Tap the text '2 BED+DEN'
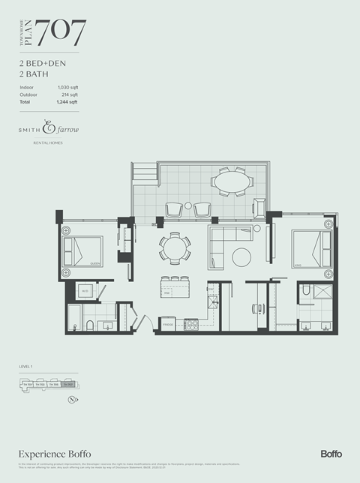[41, 64]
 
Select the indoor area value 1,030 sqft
[67, 88]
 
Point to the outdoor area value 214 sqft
[69, 94]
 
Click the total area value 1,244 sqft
[67, 102]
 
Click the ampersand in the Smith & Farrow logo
[49, 127]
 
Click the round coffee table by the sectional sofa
[242, 257]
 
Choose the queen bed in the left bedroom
[85, 250]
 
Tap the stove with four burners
[190, 325]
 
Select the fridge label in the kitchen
[167, 324]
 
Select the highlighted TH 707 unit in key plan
[68, 385]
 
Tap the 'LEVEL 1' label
[27, 367]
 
